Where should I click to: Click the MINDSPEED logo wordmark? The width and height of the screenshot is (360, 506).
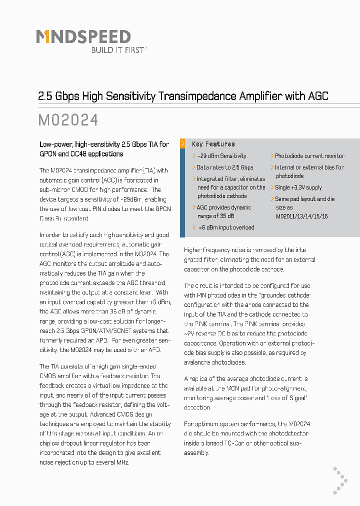(x=83, y=36)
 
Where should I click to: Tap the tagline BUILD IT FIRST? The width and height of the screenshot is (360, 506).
(x=118, y=50)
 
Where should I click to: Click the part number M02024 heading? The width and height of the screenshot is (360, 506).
(x=68, y=120)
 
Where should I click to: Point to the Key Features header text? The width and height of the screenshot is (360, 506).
(x=213, y=144)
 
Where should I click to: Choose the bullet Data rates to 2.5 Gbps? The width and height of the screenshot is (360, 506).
(x=224, y=167)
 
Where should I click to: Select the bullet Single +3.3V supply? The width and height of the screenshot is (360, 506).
(x=298, y=187)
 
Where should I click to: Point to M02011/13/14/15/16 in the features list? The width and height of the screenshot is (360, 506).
(x=302, y=216)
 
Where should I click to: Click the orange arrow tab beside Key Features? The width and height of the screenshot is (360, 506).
(x=182, y=143)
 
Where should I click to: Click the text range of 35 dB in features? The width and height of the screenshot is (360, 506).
(x=216, y=216)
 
